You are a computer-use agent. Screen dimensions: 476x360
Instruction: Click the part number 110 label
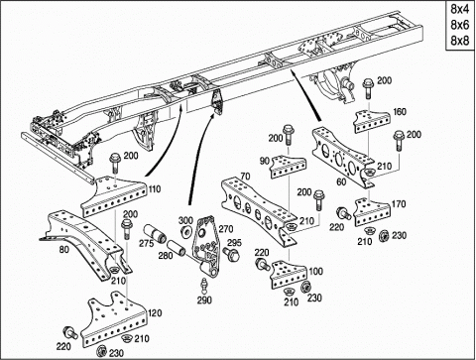click(155, 189)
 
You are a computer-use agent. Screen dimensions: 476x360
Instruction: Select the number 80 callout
click(64, 249)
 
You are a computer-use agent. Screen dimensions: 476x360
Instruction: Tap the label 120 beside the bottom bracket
click(155, 312)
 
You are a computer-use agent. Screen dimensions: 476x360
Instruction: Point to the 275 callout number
click(147, 244)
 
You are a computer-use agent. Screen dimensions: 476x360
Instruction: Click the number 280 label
click(166, 256)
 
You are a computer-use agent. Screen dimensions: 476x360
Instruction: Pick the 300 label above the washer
click(185, 220)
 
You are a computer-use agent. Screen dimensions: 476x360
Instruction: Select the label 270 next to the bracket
click(226, 228)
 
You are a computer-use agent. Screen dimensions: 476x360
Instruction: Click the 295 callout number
click(234, 243)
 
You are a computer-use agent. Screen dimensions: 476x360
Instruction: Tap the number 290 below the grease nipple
click(204, 300)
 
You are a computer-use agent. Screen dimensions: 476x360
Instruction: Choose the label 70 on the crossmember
click(245, 177)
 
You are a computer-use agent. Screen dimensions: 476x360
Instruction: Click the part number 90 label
click(265, 161)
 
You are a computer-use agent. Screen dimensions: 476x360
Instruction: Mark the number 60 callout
click(341, 181)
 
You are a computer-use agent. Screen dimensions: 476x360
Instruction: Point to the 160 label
click(399, 112)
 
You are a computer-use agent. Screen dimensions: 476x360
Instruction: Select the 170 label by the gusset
click(399, 204)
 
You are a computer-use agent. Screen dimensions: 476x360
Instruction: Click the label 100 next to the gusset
click(315, 272)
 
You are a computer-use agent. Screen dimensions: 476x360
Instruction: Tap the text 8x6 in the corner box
click(460, 25)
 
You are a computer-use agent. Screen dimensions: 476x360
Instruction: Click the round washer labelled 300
click(187, 231)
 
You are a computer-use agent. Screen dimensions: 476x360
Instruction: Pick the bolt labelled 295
click(232, 254)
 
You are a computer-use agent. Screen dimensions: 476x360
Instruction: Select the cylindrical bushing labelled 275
click(155, 233)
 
